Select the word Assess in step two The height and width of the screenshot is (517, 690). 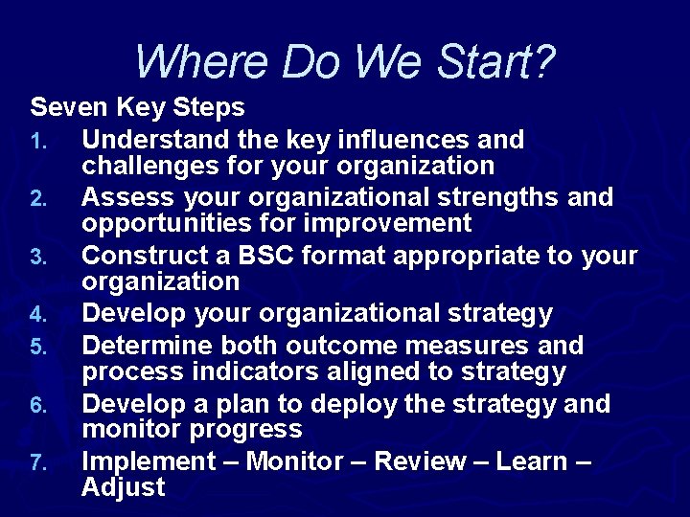pyautogui.click(x=125, y=198)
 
